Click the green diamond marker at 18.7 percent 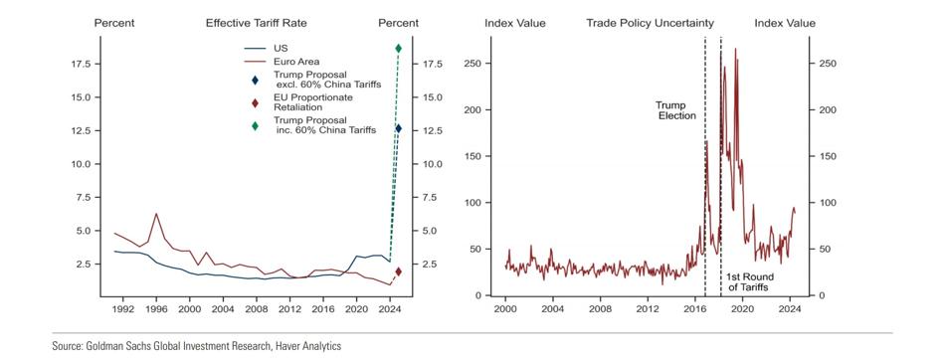(x=398, y=48)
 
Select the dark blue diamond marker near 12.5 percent (x=398, y=128)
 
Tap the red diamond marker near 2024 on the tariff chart (x=398, y=271)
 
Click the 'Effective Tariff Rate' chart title (x=257, y=24)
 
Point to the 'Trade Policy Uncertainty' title (x=651, y=24)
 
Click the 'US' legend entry (x=281, y=48)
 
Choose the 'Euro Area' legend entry (x=296, y=62)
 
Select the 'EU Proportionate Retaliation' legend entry (x=312, y=102)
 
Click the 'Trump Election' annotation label (x=676, y=110)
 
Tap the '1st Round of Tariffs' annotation (x=749, y=282)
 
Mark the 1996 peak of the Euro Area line (x=156, y=214)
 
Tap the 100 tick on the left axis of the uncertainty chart (x=476, y=203)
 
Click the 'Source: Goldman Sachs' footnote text (x=197, y=346)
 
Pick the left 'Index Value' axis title (x=515, y=24)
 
